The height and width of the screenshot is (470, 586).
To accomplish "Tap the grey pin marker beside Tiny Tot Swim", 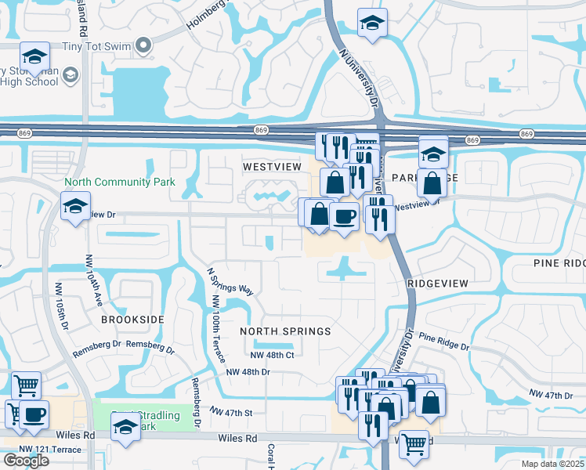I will pos(143,46).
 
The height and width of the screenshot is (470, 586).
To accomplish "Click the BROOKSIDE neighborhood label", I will pos(132,320).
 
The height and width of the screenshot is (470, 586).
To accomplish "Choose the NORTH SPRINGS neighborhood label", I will pos(285,331).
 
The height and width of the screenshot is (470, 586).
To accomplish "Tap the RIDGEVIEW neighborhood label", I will pos(438,283).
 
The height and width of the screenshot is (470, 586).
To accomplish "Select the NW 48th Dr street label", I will pos(248,372).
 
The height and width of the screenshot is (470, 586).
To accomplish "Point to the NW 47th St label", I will pos(231,411).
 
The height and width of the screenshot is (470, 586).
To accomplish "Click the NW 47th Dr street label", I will pos(551,394).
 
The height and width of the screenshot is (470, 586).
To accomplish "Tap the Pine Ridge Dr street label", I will pos(443,341).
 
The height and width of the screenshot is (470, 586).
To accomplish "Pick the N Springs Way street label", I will pos(230,280).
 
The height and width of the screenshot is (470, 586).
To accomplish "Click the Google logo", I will pos(26,460).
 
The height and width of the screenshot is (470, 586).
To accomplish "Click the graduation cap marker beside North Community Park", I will pos(76,207).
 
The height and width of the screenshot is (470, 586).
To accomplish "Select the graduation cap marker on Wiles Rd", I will pos(125,428).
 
